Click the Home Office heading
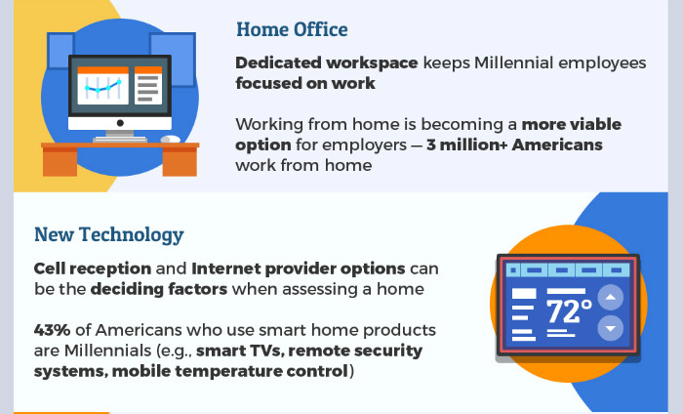[292, 29]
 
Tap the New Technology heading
[109, 235]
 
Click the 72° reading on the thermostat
[569, 311]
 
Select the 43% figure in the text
[52, 330]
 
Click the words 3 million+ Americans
[514, 145]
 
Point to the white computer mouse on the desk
[171, 139]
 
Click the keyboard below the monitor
[120, 140]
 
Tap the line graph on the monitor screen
[102, 86]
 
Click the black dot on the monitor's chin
[120, 123]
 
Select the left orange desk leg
[60, 162]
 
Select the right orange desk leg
[180, 162]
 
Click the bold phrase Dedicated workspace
[327, 62]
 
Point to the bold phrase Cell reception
[93, 269]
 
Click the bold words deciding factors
[159, 289]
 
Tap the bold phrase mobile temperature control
[230, 371]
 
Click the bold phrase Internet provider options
[299, 269]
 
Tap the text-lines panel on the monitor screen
[148, 86]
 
